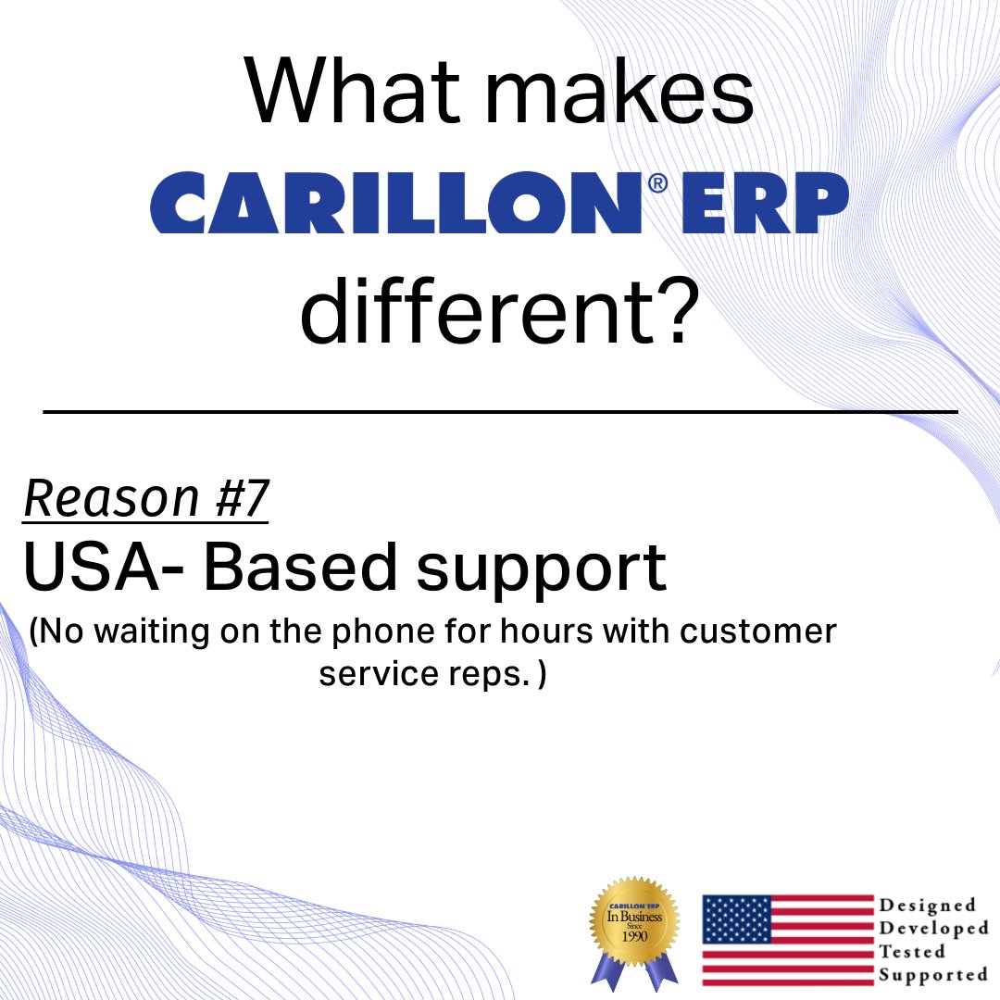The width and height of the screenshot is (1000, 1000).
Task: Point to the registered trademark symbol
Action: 656,184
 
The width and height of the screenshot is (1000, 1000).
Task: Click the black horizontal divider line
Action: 500,410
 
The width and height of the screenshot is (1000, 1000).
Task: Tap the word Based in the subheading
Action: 302,567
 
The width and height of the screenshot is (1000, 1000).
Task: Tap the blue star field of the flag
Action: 736,919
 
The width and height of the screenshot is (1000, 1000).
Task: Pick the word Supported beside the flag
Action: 932,974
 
